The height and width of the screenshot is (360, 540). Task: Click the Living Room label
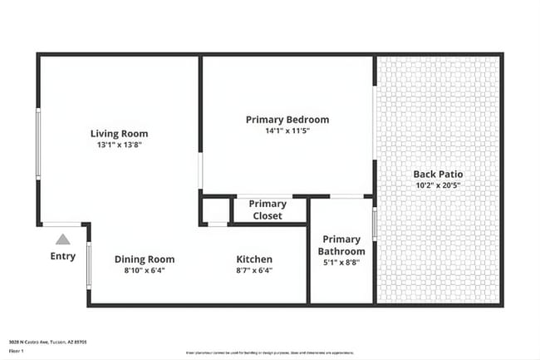(120, 133)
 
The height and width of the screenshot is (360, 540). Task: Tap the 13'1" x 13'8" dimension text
(120, 145)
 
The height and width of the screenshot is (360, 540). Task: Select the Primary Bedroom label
(287, 120)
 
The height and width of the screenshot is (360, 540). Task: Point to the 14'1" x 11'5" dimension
(287, 131)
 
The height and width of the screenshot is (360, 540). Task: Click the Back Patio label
(438, 174)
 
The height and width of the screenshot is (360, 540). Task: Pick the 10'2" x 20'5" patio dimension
(438, 185)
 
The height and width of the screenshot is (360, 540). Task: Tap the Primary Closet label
(268, 210)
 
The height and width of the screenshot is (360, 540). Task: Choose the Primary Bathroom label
(342, 245)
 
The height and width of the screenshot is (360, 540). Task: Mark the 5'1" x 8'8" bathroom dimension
(342, 263)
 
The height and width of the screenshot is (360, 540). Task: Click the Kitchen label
(254, 259)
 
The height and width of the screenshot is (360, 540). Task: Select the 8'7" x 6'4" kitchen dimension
(254, 270)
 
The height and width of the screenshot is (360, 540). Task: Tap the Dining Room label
(145, 259)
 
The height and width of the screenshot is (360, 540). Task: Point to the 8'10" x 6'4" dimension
(145, 270)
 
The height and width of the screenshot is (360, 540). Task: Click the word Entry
(63, 257)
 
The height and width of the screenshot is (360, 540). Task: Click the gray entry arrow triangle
(63, 239)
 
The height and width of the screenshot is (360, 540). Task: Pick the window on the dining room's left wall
(89, 264)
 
